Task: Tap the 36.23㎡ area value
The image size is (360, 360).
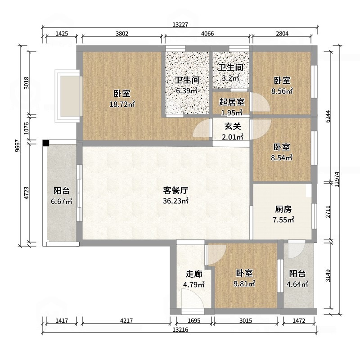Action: tap(175, 201)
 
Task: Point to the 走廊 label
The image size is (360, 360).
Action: tap(194, 274)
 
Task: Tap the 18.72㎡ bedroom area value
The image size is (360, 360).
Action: tap(122, 104)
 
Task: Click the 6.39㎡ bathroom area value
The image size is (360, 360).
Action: tap(186, 91)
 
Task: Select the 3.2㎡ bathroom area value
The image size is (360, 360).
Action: tap(231, 78)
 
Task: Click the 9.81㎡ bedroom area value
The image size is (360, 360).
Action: tap(245, 284)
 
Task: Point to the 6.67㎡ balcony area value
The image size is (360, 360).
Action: tap(62, 202)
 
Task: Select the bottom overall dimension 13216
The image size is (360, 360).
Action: tap(180, 330)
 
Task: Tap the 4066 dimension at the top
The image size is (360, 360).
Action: tap(207, 33)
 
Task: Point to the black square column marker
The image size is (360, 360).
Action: tap(46, 143)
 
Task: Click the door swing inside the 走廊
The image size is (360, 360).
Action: tap(190, 299)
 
